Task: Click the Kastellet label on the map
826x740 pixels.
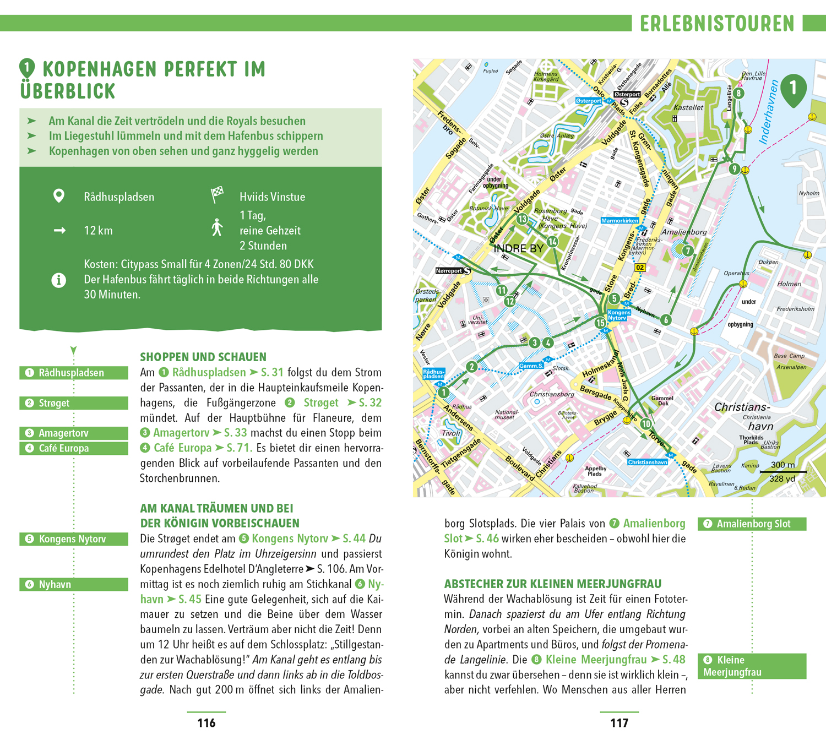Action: click(x=688, y=107)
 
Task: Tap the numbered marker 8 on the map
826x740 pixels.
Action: click(x=738, y=93)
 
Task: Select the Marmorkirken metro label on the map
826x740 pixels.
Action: click(x=619, y=220)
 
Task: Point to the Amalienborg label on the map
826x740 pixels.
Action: click(x=684, y=232)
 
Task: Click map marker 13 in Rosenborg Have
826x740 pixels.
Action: click(x=522, y=219)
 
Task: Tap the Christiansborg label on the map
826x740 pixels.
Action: click(x=552, y=394)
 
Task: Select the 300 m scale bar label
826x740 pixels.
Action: click(x=782, y=465)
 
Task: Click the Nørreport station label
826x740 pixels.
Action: click(x=449, y=270)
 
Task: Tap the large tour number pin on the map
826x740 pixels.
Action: click(x=793, y=89)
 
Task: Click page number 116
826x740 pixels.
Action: click(x=206, y=723)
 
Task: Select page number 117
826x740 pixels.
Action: click(x=619, y=723)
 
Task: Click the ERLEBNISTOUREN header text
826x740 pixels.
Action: click(x=717, y=24)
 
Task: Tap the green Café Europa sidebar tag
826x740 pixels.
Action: click(x=74, y=448)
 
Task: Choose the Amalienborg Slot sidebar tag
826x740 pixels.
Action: click(x=752, y=524)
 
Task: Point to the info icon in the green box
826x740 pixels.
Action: click(x=59, y=280)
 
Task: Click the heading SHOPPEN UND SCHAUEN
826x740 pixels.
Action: click(x=203, y=357)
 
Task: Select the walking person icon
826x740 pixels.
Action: click(x=218, y=227)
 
